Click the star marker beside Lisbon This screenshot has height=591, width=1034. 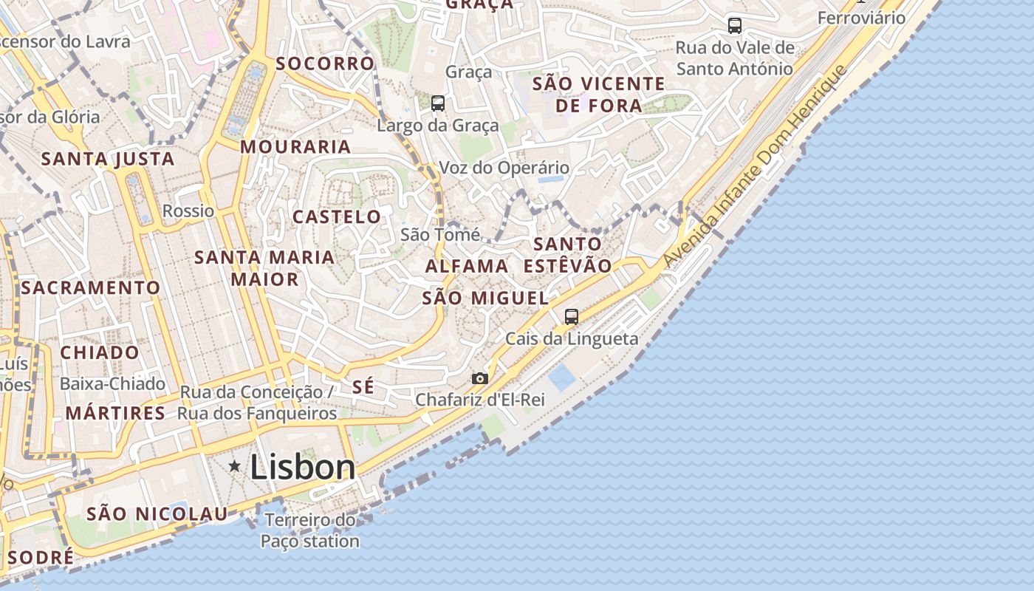pos(235,466)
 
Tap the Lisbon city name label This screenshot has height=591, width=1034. pos(303,468)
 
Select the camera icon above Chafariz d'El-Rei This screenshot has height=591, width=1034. pos(480,378)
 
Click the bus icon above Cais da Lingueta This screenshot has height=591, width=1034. pos(572,317)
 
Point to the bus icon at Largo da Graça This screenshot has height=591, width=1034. pos(438,103)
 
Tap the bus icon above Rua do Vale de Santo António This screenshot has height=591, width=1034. pos(735,26)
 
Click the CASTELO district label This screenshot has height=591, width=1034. pos(337,217)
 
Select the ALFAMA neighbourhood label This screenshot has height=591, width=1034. pos(467,266)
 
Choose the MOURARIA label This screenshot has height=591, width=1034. pos(295,147)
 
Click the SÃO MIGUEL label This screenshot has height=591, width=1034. pos(485,298)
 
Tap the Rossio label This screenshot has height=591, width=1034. pos(188,211)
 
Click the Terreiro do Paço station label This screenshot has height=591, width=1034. pos(310,530)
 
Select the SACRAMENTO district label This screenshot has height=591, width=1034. pos(90,288)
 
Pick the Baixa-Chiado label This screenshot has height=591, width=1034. pos(112,384)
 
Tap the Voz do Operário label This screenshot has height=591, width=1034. pos(504,168)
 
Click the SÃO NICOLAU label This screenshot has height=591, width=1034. pos(157,513)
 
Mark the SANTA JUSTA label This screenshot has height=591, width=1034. pos(108,159)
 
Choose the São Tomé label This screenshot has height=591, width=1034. pos(440,235)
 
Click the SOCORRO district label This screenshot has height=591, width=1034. pos(325,64)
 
